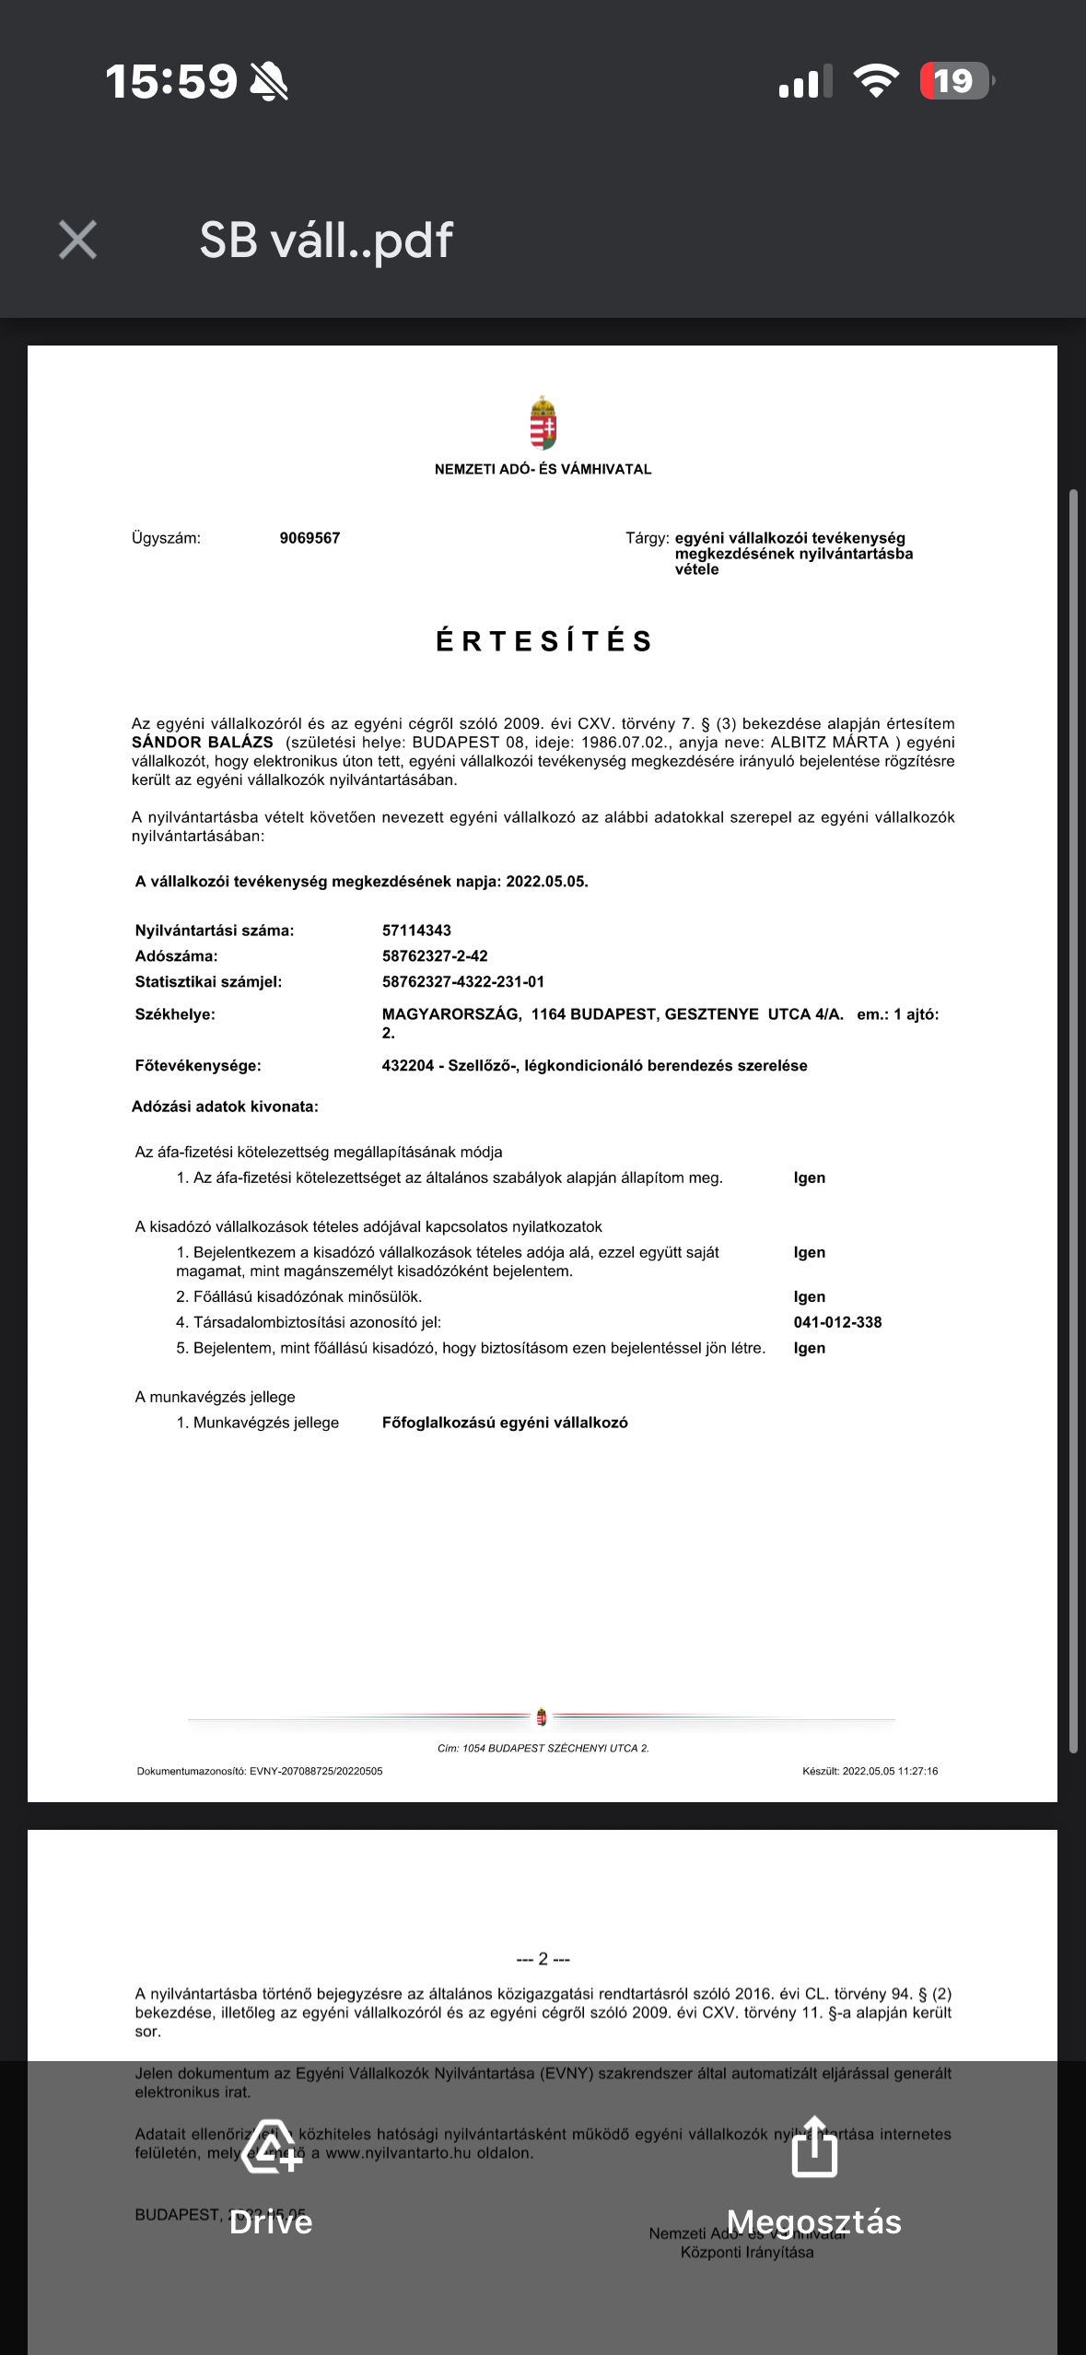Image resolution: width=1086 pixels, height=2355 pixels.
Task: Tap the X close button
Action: pyautogui.click(x=77, y=240)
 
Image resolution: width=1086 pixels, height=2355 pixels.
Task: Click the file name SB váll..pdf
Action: pyautogui.click(x=326, y=240)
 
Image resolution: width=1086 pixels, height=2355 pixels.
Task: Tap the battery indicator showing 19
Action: pyautogui.click(x=955, y=81)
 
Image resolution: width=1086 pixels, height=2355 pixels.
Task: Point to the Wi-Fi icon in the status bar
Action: pyautogui.click(x=876, y=81)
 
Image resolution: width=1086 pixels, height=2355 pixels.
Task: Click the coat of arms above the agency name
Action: pyautogui.click(x=543, y=423)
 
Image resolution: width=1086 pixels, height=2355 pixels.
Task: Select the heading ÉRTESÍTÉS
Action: pyautogui.click(x=543, y=641)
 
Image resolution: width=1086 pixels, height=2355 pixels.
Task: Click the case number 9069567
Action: pyautogui.click(x=309, y=538)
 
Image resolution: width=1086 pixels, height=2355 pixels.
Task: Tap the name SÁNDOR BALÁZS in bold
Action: pyautogui.click(x=203, y=743)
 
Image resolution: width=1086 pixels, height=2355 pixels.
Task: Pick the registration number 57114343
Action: pyautogui.click(x=416, y=931)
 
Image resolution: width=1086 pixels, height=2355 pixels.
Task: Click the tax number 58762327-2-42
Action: pyautogui.click(x=435, y=956)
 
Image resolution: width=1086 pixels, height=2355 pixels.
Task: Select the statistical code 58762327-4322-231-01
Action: pyautogui.click(x=463, y=982)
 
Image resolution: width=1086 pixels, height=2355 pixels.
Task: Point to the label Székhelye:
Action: pyautogui.click(x=175, y=1014)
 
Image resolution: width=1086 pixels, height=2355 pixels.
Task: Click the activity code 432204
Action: pyautogui.click(x=407, y=1066)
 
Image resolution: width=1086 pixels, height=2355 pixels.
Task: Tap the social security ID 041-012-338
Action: pyautogui.click(x=837, y=1322)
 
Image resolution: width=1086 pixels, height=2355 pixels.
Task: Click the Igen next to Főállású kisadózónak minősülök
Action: pyautogui.click(x=809, y=1296)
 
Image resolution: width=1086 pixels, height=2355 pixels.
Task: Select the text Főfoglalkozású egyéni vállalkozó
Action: pyautogui.click(x=505, y=1423)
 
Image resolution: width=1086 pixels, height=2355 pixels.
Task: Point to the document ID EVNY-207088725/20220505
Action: pyautogui.click(x=316, y=1771)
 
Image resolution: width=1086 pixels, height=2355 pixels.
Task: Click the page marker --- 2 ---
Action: pyautogui.click(x=543, y=1959)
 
